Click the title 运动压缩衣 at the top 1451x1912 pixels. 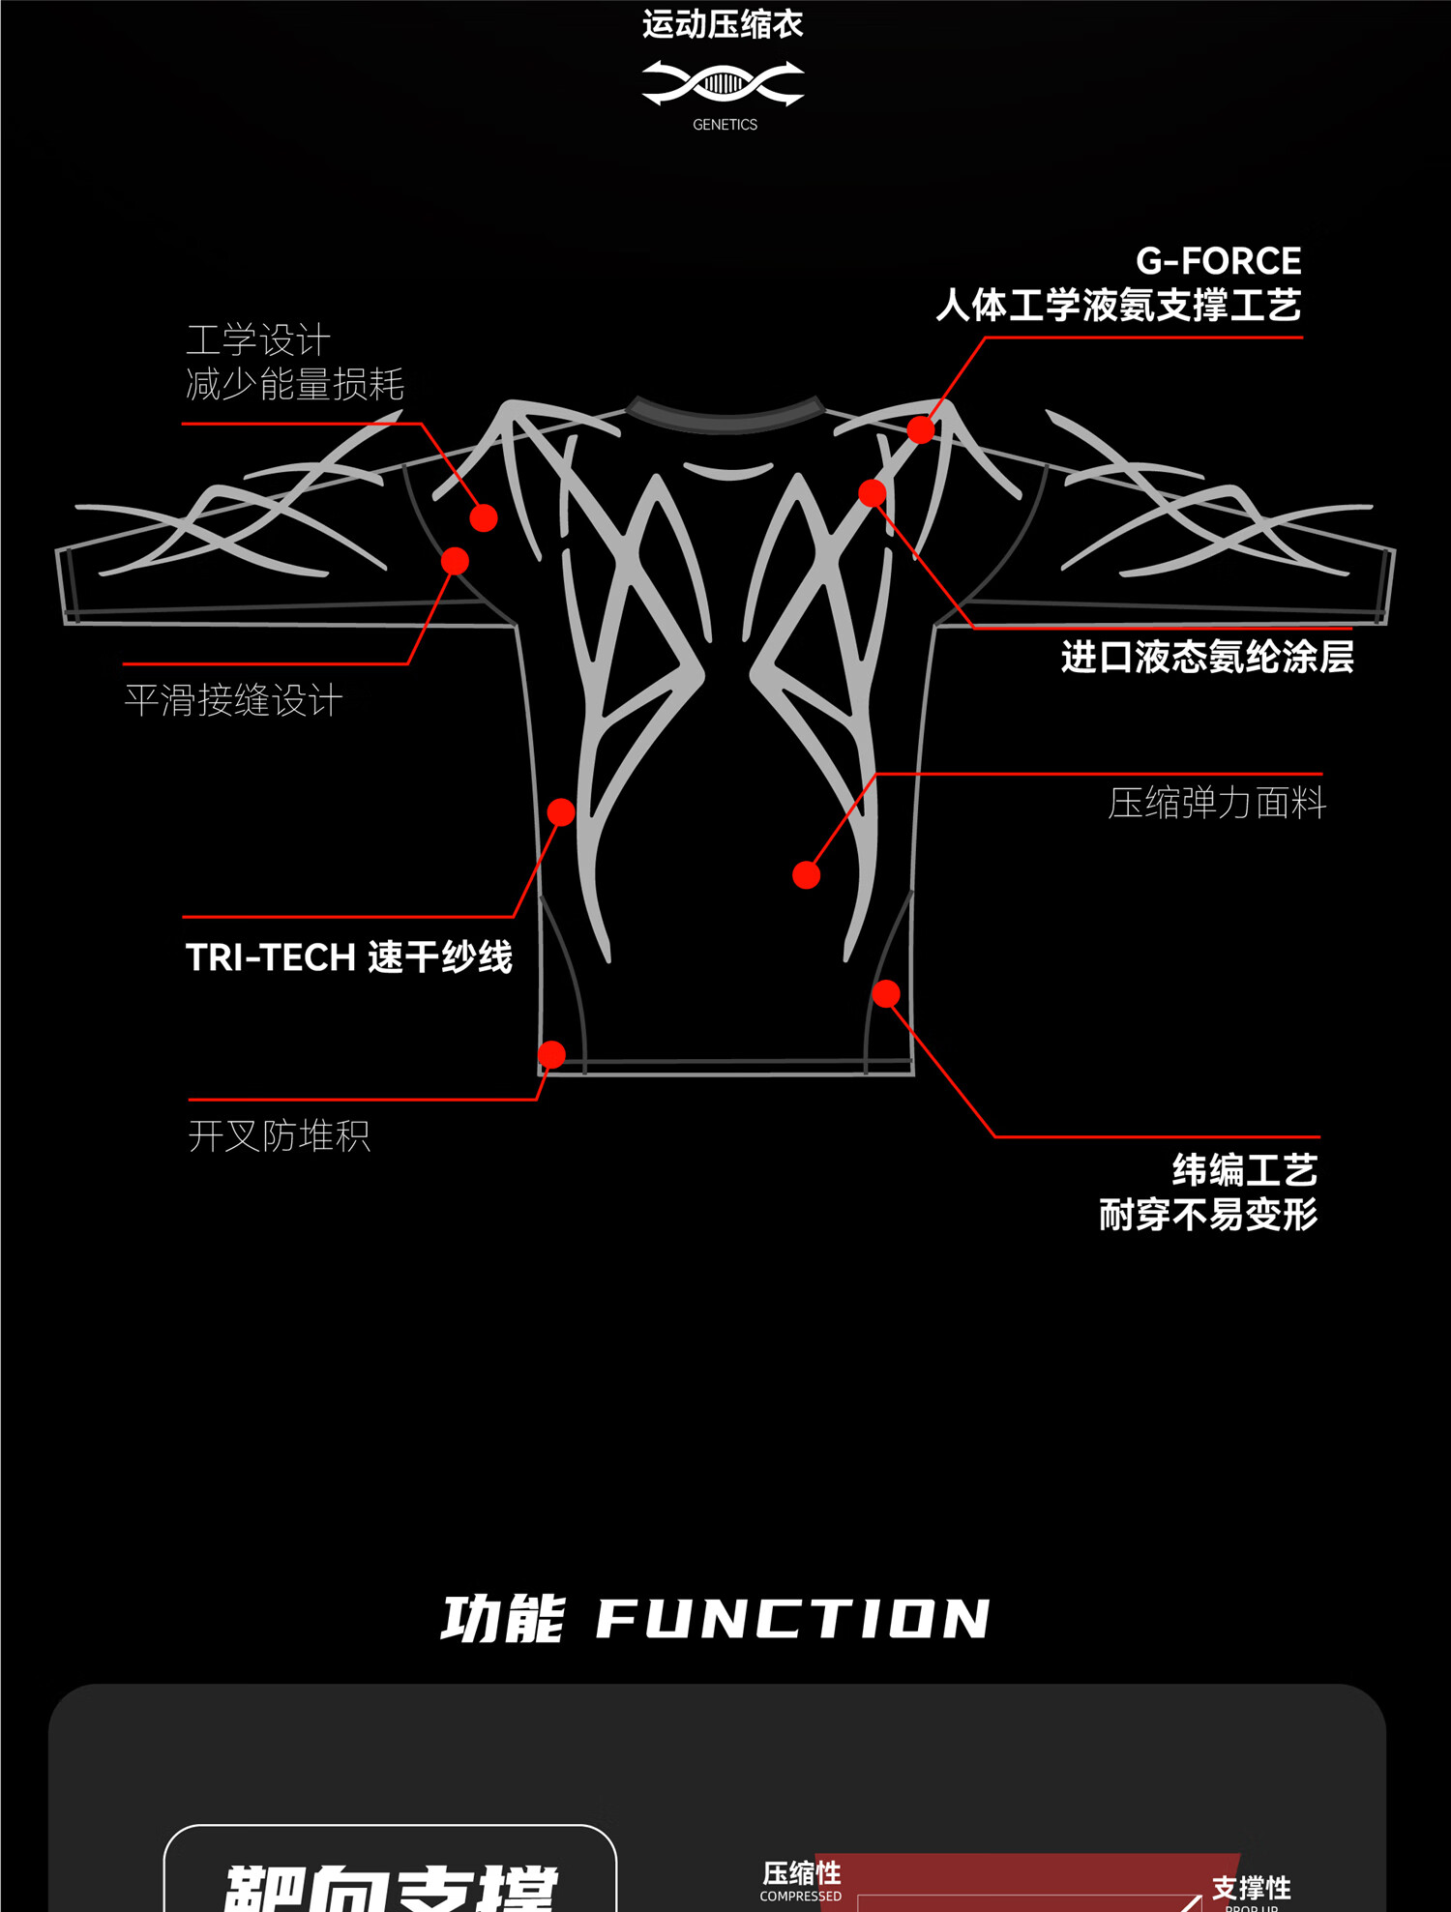(723, 24)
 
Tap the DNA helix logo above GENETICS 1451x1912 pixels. (724, 84)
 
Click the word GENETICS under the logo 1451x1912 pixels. (725, 125)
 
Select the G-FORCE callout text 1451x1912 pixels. (1218, 261)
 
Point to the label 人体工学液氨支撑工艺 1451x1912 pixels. (1118, 306)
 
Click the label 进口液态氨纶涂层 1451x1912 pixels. (1206, 658)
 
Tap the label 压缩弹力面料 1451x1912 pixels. (1217, 803)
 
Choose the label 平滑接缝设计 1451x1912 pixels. (233, 700)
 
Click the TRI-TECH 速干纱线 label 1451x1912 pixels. (349, 957)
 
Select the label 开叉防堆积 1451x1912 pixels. (280, 1135)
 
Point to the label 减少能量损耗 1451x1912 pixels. (295, 385)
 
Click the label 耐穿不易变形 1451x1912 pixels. (1208, 1215)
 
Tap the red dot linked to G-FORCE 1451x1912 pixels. (921, 429)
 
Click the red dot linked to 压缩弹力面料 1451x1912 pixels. (806, 875)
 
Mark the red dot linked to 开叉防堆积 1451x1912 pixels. (551, 1054)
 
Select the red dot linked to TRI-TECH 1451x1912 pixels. (561, 811)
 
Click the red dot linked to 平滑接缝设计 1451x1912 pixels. (455, 561)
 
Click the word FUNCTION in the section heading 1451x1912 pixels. (793, 1619)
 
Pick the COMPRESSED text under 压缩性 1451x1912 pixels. (800, 1896)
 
